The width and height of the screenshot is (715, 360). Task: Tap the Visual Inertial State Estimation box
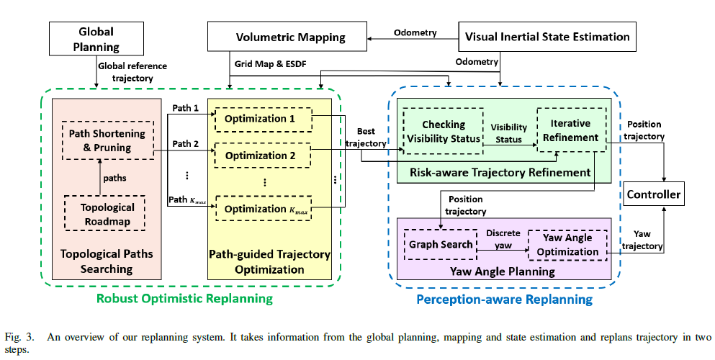coord(547,37)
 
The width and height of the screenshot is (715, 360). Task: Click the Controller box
coord(653,194)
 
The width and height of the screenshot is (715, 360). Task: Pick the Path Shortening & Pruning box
coord(107,140)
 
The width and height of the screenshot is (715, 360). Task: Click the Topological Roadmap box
coord(107,214)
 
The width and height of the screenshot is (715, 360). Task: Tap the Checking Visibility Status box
coord(443,131)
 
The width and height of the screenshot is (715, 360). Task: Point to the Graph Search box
coord(441,245)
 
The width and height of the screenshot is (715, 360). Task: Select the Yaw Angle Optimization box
coord(567,245)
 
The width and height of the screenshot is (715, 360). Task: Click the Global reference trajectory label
coord(132,72)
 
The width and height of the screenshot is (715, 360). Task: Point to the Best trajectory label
coord(366,138)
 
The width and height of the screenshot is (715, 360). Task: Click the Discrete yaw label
coord(502,239)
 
